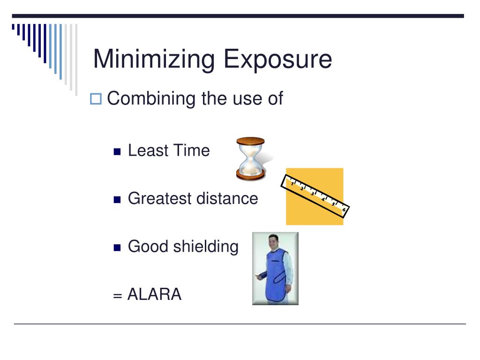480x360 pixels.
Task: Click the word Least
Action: [x=146, y=151]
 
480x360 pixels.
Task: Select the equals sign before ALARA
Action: [x=117, y=296]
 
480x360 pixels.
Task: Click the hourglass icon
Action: [x=250, y=158]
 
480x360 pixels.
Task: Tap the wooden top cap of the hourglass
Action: [x=250, y=141]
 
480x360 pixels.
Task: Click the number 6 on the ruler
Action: [x=344, y=210]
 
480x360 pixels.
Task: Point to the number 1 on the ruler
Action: [x=292, y=184]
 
